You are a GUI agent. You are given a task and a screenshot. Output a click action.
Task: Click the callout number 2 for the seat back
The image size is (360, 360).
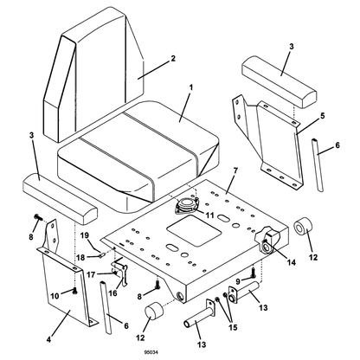pyautogui.click(x=172, y=58)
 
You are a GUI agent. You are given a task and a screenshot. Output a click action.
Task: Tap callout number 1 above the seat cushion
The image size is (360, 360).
pyautogui.click(x=190, y=87)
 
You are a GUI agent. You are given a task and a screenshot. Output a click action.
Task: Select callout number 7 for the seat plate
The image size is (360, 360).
pyautogui.click(x=235, y=170)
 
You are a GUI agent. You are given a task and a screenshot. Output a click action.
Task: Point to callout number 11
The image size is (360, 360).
pyautogui.click(x=209, y=215)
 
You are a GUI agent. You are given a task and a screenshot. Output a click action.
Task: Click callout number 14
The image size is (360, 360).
pyautogui.click(x=291, y=262)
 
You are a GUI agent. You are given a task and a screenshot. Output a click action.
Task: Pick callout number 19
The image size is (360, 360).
pyautogui.click(x=84, y=235)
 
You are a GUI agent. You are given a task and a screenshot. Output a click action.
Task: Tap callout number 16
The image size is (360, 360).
pyautogui.click(x=112, y=293)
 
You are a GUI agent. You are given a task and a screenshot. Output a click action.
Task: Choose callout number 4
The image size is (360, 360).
pyautogui.click(x=48, y=339)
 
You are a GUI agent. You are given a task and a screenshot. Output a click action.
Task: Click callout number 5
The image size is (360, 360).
pyautogui.click(x=322, y=116)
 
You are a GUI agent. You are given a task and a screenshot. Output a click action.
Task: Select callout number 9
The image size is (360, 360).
pyautogui.click(x=238, y=280)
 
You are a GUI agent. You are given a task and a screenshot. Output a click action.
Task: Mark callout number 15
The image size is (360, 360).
pyautogui.click(x=233, y=327)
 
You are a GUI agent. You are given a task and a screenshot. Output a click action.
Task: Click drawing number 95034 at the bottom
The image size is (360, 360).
pyautogui.click(x=151, y=352)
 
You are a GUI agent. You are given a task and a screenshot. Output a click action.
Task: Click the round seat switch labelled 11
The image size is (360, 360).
pyautogui.click(x=185, y=205)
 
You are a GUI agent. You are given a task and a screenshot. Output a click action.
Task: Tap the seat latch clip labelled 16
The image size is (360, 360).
pyautogui.click(x=121, y=270)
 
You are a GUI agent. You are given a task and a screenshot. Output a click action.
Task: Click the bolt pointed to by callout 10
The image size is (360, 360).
pyautogui.click(x=74, y=291)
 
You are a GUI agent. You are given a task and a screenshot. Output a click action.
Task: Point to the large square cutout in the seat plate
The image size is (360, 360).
pyautogui.click(x=194, y=230)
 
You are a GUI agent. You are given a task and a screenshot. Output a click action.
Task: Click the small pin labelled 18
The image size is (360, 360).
pyautogui.click(x=101, y=254)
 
